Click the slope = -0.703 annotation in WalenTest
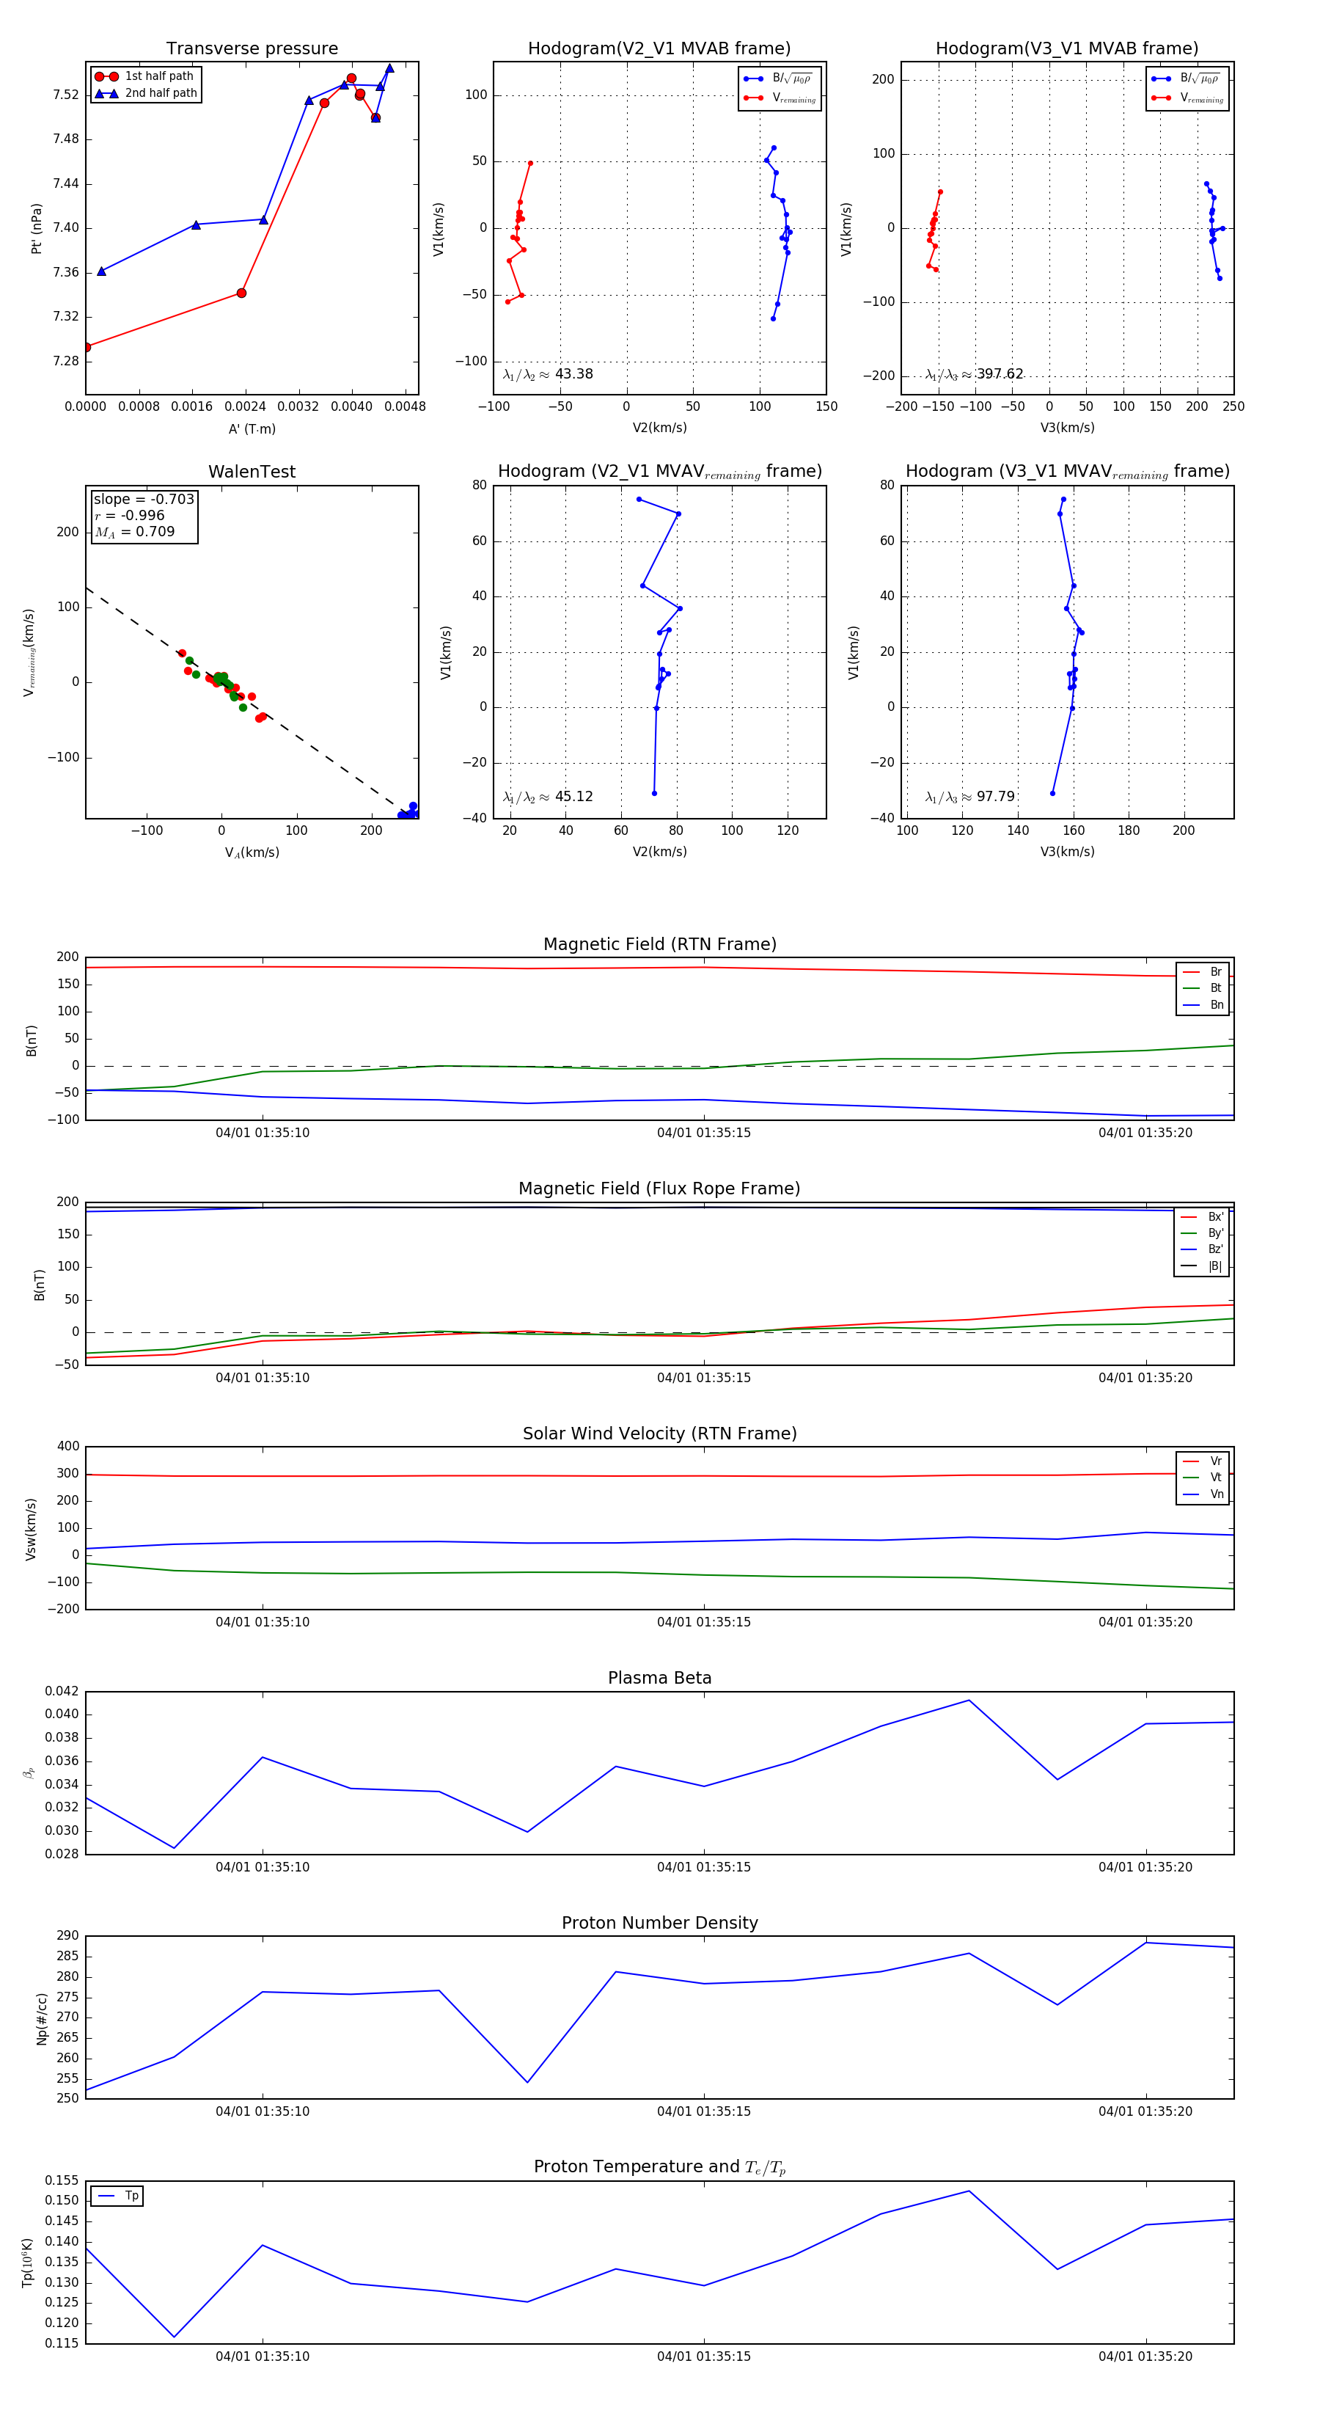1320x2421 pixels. (144, 499)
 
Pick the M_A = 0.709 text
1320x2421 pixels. (135, 532)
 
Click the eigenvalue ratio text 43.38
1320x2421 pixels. (573, 374)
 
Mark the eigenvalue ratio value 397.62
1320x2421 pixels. (999, 374)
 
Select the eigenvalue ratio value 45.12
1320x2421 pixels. (573, 797)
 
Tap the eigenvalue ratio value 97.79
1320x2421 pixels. (995, 797)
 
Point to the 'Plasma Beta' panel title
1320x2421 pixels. (659, 1679)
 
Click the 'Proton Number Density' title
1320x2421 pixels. (659, 1923)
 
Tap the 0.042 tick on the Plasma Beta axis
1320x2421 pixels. (62, 1692)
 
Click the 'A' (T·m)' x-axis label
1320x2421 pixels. (252, 429)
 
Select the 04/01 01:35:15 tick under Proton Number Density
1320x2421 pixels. (704, 2112)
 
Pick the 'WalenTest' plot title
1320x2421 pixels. (252, 472)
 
